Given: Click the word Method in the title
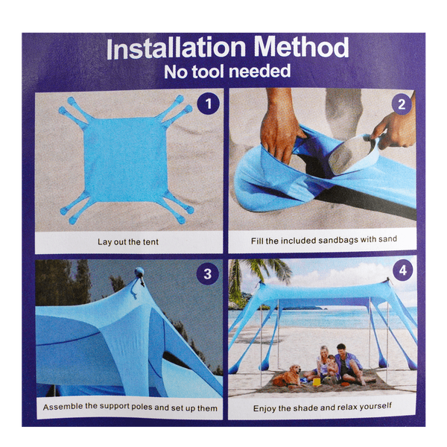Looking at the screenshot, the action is (302, 47).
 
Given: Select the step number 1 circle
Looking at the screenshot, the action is (209, 104).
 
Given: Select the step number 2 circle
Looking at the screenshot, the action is (402, 104).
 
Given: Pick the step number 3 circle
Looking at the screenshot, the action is (208, 273).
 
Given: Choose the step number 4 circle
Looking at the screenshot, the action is (403, 270).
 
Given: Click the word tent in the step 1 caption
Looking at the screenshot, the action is (150, 242).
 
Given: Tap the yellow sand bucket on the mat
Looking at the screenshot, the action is (317, 381).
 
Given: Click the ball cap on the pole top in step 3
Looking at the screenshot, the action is (140, 272).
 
